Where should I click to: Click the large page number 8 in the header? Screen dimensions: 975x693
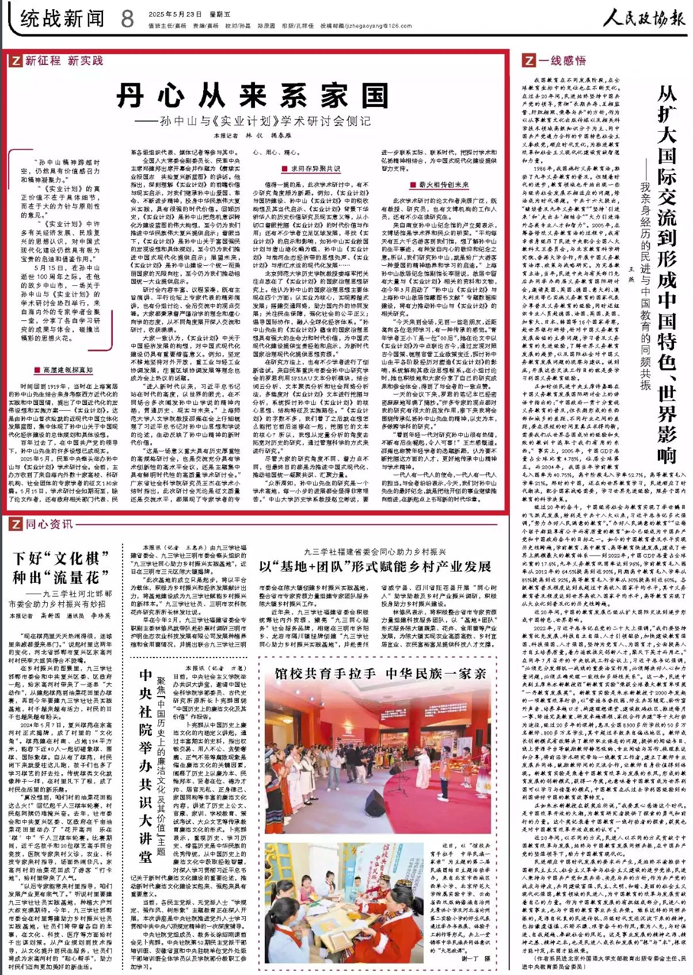coord(127,19)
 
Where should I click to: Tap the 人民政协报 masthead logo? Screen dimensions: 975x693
coord(644,19)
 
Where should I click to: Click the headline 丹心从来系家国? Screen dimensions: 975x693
coord(253,96)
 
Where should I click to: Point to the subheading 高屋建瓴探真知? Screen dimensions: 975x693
coord(63,370)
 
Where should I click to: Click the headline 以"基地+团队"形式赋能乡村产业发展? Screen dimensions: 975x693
coord(375,567)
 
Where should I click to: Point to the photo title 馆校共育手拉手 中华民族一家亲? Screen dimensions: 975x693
coord(380,674)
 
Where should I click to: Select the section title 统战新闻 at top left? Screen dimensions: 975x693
coord(62,19)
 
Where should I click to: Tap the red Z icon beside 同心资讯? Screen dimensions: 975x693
coord(16,524)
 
